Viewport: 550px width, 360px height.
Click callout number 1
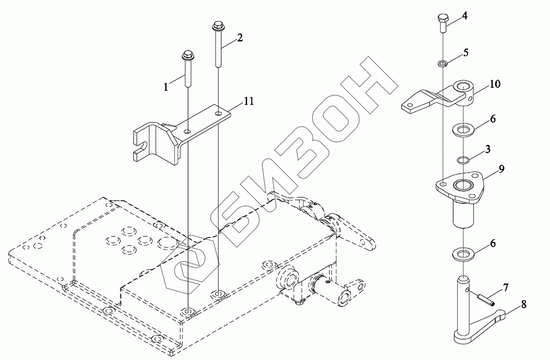coord(166,87)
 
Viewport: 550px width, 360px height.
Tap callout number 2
coord(240,38)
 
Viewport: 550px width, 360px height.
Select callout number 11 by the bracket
coord(249,102)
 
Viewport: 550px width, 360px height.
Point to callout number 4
coord(464,16)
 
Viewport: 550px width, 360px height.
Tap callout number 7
coord(505,288)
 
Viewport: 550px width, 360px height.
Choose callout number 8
coord(524,304)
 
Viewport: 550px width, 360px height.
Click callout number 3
coord(487,149)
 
